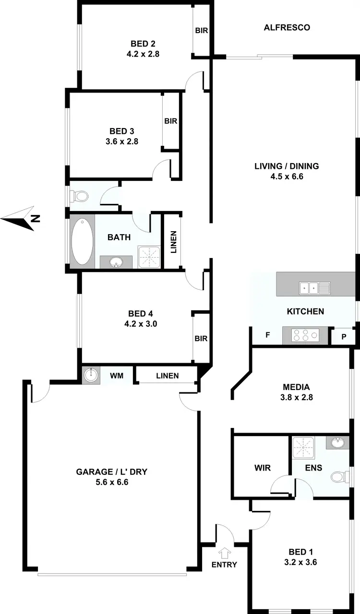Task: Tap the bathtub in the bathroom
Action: (x=82, y=241)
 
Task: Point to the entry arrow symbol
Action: (x=224, y=552)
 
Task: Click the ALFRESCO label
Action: (x=287, y=28)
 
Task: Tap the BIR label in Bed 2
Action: (x=201, y=31)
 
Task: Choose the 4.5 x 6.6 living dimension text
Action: (x=287, y=176)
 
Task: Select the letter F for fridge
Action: (x=267, y=335)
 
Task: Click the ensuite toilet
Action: (x=340, y=477)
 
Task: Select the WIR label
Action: (x=261, y=468)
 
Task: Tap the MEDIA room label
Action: (x=296, y=387)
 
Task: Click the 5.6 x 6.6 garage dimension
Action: (x=112, y=482)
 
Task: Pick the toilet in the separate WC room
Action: (x=80, y=196)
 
